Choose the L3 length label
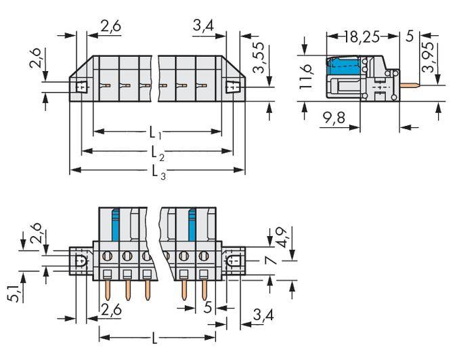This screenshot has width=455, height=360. [157, 171]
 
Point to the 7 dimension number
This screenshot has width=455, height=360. [269, 261]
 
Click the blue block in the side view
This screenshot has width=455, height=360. [343, 67]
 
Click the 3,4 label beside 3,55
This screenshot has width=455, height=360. [205, 27]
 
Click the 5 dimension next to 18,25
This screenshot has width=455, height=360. [409, 36]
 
